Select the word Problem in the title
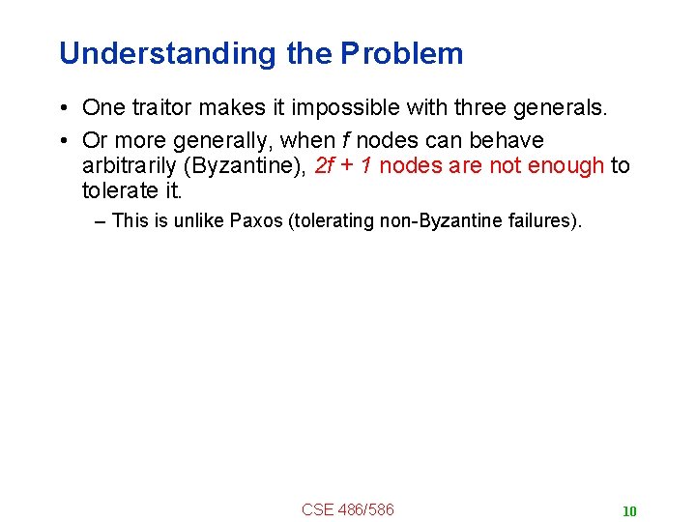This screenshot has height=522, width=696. coord(402,53)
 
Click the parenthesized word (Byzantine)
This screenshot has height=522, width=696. coord(246,165)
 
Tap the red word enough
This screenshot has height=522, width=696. coord(566,165)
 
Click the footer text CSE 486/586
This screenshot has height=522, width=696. coord(347,509)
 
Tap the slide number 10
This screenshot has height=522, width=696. coord(629,511)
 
